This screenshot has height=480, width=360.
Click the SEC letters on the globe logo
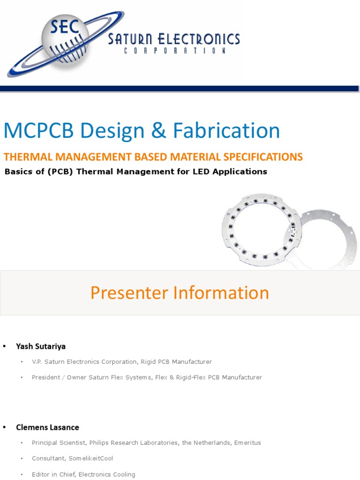pyautogui.click(x=65, y=28)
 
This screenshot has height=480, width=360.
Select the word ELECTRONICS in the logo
pyautogui.click(x=201, y=39)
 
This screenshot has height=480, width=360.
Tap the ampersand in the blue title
pyautogui.click(x=162, y=131)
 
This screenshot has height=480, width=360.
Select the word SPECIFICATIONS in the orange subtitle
pyautogui.click(x=262, y=157)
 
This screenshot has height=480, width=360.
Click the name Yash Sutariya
pyautogui.click(x=41, y=346)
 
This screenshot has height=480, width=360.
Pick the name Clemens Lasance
pyautogui.click(x=47, y=427)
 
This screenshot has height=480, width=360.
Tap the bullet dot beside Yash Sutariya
pyautogui.click(x=6, y=346)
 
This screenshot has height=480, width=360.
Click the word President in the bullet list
pyautogui.click(x=46, y=377)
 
